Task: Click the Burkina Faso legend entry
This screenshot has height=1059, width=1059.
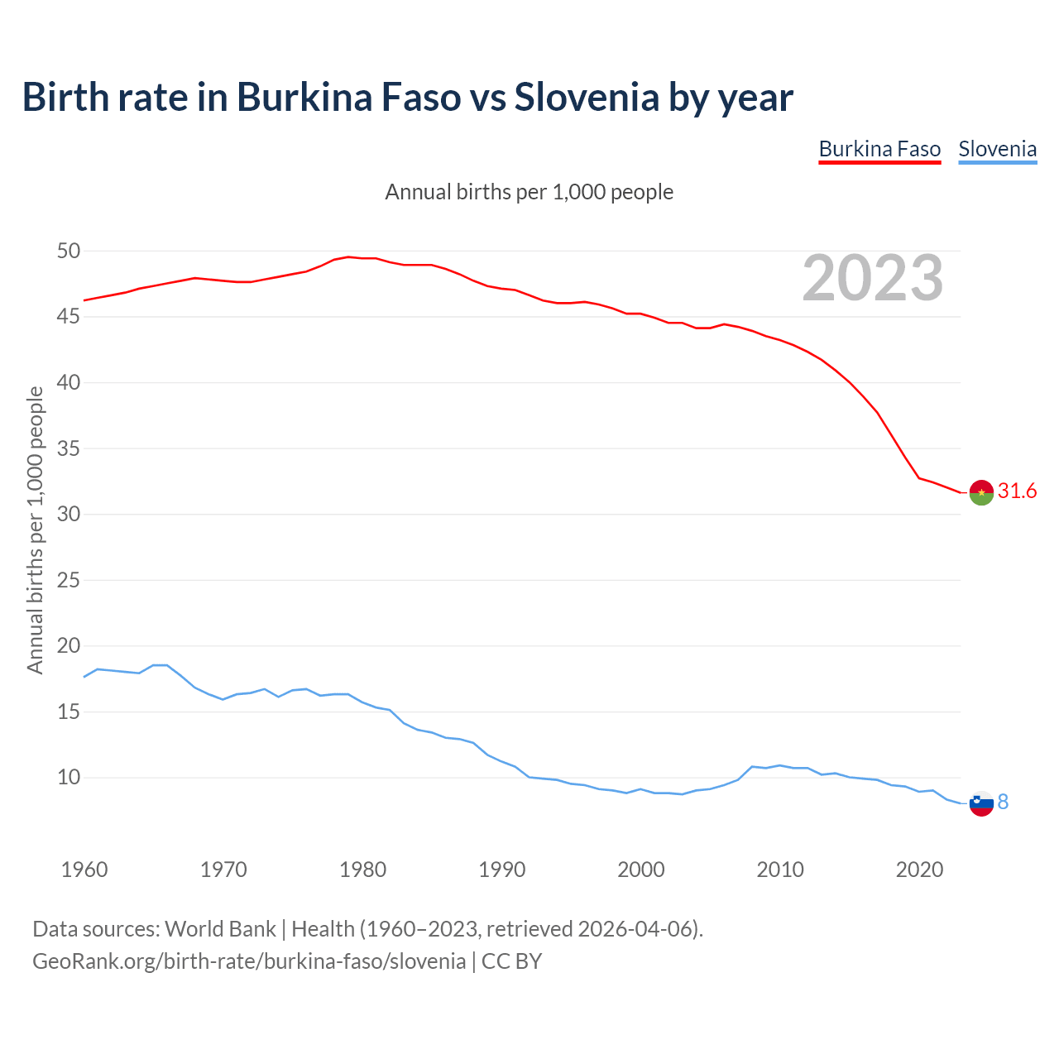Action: click(x=879, y=149)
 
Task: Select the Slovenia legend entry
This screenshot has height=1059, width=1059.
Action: click(x=997, y=149)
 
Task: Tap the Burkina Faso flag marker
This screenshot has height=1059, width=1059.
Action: click(x=981, y=492)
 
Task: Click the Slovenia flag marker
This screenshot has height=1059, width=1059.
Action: click(x=981, y=803)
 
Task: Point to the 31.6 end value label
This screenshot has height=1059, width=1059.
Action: click(x=1017, y=491)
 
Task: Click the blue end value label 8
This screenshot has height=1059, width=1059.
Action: click(x=1003, y=803)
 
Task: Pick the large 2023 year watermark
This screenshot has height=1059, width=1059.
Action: click(x=873, y=278)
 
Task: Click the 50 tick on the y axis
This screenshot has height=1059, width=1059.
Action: click(x=69, y=251)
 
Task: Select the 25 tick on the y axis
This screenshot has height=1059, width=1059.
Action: click(x=69, y=580)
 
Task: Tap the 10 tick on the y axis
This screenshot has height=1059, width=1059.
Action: click(x=69, y=778)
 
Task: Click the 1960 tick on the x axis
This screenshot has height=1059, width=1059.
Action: click(x=84, y=870)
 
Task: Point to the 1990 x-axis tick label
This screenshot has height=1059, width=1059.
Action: click(x=502, y=870)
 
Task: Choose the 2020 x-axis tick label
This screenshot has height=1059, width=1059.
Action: click(x=919, y=870)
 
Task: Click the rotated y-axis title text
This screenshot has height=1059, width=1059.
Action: click(x=35, y=529)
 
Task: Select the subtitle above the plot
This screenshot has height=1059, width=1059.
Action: click(x=529, y=192)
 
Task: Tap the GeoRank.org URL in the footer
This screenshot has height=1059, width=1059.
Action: click(x=249, y=961)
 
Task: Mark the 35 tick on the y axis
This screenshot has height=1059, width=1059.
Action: click(x=69, y=448)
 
